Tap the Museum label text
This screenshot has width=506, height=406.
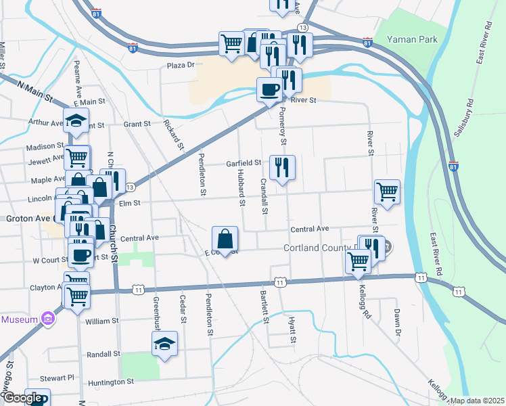tap(20, 318)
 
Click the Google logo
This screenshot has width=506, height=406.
tap(22, 398)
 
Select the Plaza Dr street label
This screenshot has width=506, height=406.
tap(181, 66)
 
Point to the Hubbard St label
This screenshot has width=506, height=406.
tap(240, 187)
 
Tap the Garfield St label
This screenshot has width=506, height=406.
tap(244, 163)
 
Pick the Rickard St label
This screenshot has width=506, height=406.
tap(174, 135)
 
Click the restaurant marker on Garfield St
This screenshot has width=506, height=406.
tap(282, 166)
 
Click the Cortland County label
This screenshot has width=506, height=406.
tap(319, 248)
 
